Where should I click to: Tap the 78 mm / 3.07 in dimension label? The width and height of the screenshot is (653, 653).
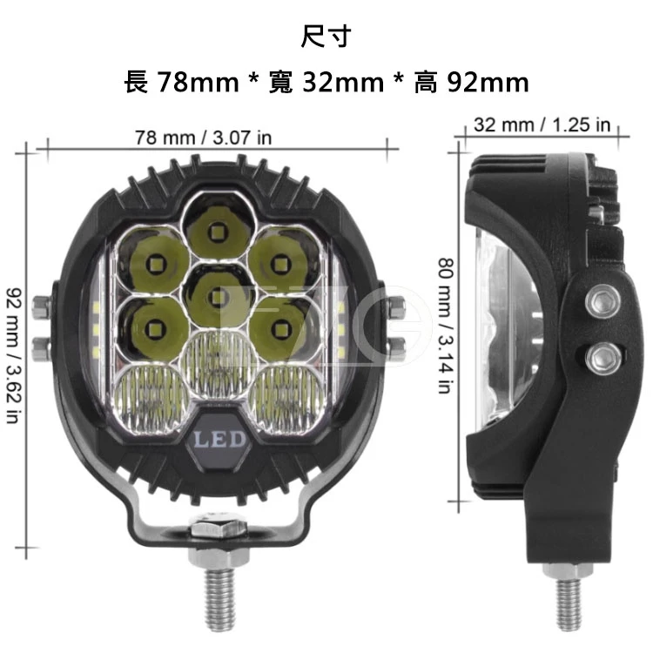tap(202, 137)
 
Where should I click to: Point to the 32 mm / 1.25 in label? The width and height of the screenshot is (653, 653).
tap(542, 125)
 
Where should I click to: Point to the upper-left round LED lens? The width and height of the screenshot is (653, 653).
tap(155, 259)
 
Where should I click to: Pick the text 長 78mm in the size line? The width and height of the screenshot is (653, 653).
tap(182, 83)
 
